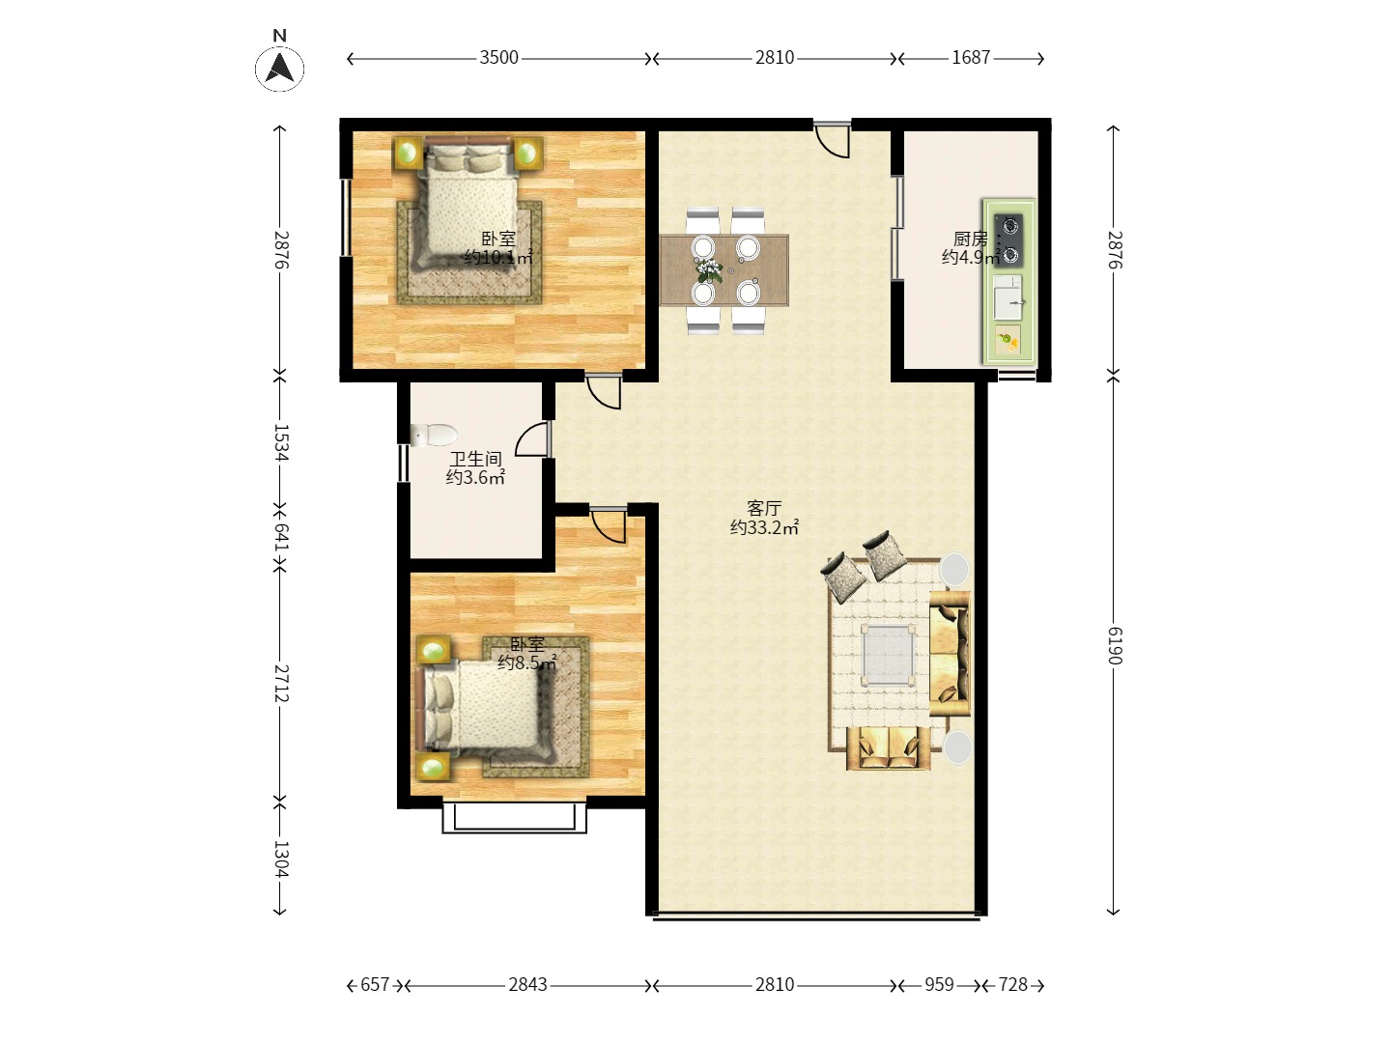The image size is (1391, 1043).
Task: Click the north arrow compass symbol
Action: click(279, 68)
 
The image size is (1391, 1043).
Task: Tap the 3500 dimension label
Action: click(498, 58)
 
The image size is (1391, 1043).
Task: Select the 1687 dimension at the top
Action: click(971, 58)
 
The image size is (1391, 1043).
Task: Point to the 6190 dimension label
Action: click(1115, 646)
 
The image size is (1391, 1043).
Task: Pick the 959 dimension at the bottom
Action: click(939, 985)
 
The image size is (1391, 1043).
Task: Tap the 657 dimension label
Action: click(375, 985)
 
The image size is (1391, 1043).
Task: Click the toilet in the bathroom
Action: click(434, 435)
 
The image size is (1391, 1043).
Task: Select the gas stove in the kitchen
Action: click(1008, 240)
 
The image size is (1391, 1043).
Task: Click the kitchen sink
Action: click(1008, 297)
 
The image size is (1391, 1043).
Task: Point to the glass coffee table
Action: click(888, 655)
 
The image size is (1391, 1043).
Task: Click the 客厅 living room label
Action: click(764, 509)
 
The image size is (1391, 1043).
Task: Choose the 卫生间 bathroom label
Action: click(476, 459)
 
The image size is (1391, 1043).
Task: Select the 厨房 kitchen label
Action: click(970, 240)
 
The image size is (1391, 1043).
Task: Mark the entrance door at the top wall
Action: click(832, 139)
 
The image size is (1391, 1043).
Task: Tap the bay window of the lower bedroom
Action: click(515, 818)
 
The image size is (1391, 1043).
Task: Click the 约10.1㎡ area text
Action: click(498, 257)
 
